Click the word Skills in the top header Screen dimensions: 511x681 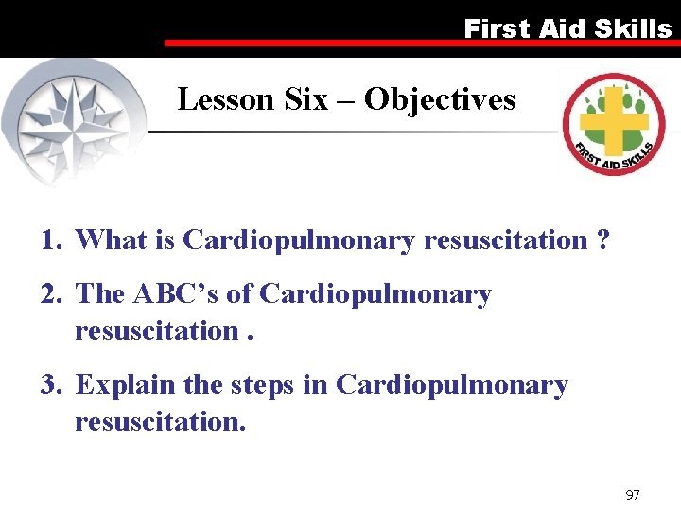pyautogui.click(x=633, y=28)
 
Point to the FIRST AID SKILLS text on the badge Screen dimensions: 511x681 pyautogui.click(x=615, y=155)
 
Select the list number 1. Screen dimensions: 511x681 pyautogui.click(x=49, y=240)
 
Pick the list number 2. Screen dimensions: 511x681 pyautogui.click(x=49, y=294)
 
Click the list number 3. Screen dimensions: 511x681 pyautogui.click(x=49, y=385)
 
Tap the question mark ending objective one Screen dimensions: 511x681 pyautogui.click(x=602, y=240)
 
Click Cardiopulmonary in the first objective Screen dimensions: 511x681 pyautogui.click(x=299, y=241)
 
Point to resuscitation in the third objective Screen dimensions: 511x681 pyautogui.click(x=160, y=421)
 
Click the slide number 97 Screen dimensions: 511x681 pyautogui.click(x=634, y=495)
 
